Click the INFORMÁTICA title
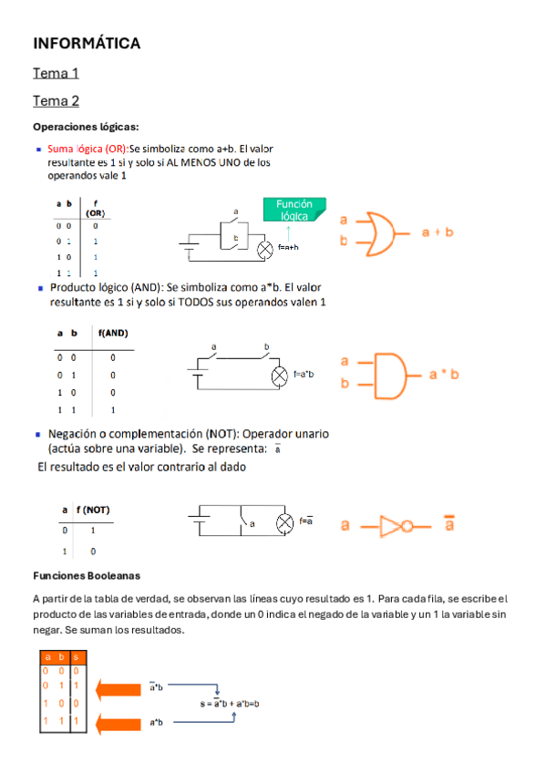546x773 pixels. click(x=87, y=43)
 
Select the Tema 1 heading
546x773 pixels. click(x=56, y=73)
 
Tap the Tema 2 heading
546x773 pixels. click(x=56, y=100)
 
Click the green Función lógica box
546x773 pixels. click(x=294, y=210)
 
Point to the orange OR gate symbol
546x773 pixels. click(x=376, y=232)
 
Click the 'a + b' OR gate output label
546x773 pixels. click(x=438, y=232)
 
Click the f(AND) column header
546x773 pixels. click(x=113, y=334)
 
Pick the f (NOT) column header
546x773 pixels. click(x=93, y=510)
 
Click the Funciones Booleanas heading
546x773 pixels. click(x=87, y=576)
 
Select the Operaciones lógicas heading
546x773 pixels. click(x=86, y=127)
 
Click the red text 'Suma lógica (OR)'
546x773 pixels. click(x=88, y=149)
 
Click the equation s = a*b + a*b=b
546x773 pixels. click(x=230, y=704)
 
